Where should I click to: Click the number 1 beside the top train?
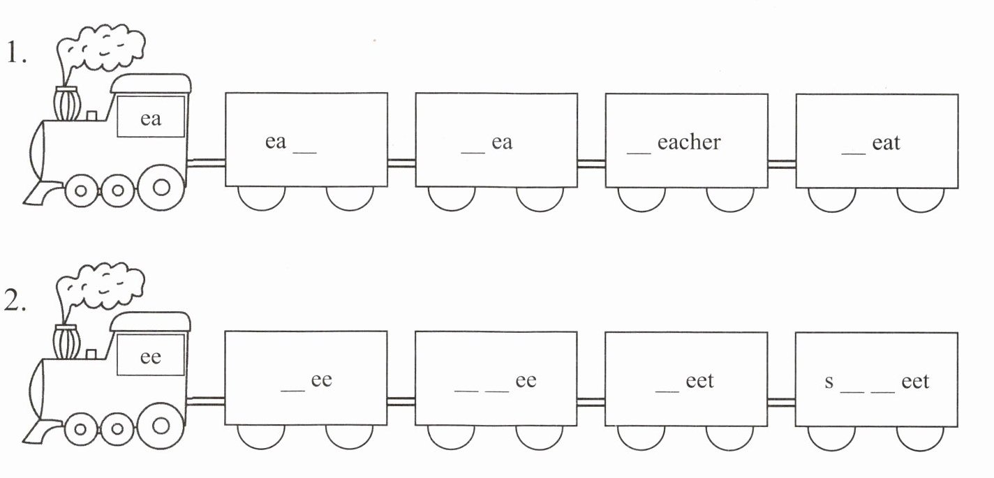point(15,54)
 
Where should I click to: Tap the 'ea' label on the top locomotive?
point(151,119)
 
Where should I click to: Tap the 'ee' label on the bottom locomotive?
point(151,357)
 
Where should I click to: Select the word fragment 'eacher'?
point(688,142)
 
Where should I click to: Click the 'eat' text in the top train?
point(886,143)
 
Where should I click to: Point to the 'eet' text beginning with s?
point(915,382)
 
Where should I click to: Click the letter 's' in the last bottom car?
point(829,382)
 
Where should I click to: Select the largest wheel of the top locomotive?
point(161,187)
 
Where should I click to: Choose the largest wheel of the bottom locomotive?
point(161,425)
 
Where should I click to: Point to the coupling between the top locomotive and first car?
point(207,163)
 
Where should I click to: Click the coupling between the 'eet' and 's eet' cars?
point(782,402)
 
